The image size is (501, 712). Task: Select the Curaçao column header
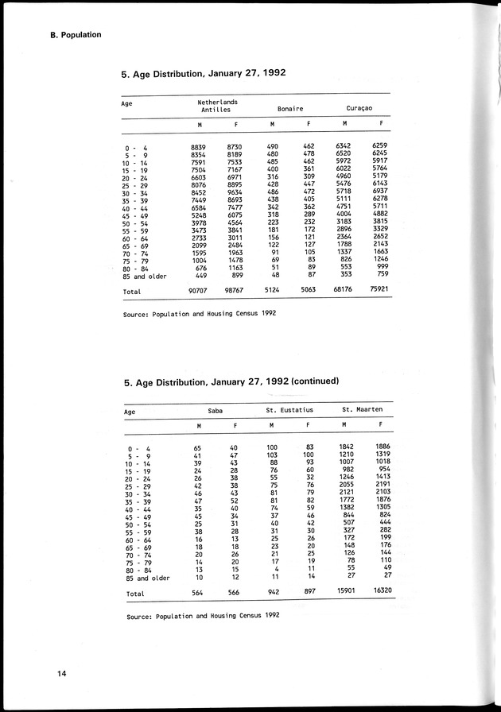[360, 107]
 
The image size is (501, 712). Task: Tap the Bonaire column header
[289, 107]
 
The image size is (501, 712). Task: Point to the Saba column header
[215, 409]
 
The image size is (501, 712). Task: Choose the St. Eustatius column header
[289, 409]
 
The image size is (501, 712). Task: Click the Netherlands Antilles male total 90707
[199, 290]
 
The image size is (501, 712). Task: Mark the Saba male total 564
[198, 593]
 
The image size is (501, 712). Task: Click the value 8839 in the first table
[199, 148]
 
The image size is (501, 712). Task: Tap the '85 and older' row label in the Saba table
[148, 578]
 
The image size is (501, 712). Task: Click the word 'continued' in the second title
[315, 381]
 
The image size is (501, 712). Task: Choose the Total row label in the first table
[131, 291]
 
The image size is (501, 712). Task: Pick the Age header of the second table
[130, 412]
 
